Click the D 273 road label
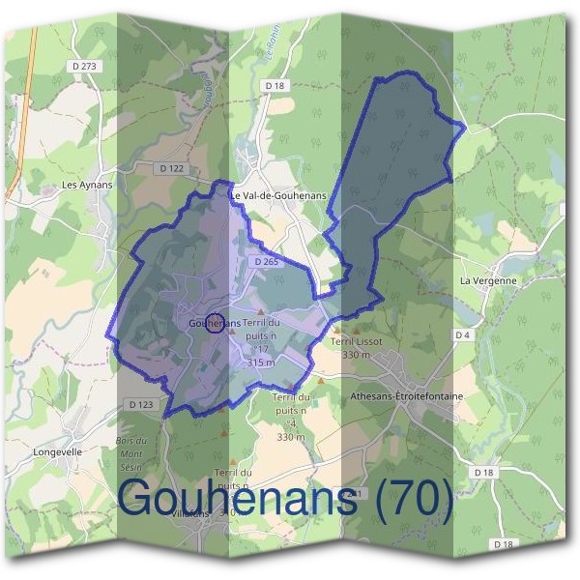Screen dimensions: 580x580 (84, 67)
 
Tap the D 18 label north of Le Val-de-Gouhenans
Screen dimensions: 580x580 (275, 86)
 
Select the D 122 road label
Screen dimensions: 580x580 (171, 168)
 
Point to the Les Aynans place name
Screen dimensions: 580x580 (87, 185)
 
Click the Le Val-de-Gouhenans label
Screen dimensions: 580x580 (278, 195)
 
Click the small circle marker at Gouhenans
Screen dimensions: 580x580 (217, 324)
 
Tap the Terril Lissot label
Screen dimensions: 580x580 (357, 342)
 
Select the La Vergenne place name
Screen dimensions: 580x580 (488, 281)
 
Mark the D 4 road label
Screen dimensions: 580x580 (461, 334)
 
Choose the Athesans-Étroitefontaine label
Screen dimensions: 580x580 (406, 396)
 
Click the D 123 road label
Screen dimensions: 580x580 (139, 404)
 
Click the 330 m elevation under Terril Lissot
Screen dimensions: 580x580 (357, 355)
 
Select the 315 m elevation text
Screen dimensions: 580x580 (261, 362)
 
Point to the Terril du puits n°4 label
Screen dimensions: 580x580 (291, 410)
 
